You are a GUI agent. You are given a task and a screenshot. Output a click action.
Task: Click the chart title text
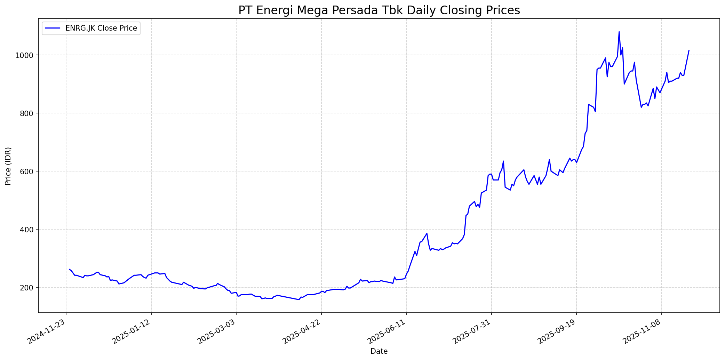pos(379,10)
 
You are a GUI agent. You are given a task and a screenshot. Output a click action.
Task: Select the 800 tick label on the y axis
pos(30,113)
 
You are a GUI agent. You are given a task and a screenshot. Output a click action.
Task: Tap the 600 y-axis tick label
pos(30,171)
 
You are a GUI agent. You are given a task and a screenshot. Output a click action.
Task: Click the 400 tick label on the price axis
pos(30,230)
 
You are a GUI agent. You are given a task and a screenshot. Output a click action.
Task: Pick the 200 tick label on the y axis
pos(30,288)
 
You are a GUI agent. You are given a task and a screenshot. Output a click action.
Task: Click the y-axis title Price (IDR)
pos(8,166)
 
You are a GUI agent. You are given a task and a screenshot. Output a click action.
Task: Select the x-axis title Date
pos(379,351)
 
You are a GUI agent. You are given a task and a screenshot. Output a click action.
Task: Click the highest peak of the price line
pos(619,32)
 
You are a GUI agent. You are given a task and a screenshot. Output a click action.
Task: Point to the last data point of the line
pos(689,50)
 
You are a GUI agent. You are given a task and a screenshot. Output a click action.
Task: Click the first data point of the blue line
pos(70,269)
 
